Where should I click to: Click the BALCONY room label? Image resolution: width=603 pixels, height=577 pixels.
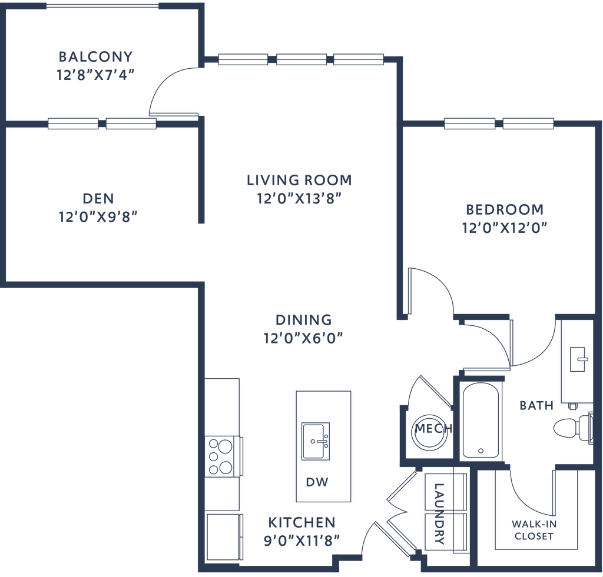point(95,57)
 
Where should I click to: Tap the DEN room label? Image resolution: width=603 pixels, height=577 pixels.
point(98,198)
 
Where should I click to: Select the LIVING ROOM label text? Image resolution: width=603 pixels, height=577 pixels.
point(299,179)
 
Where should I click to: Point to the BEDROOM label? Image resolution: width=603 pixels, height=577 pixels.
point(505,209)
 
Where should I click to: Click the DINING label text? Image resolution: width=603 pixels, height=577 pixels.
point(304,319)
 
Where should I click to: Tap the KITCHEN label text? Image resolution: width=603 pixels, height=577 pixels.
point(301,522)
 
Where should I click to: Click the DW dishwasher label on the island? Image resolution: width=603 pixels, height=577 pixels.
point(316,482)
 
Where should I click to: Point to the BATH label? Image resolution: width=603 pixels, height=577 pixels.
point(536,405)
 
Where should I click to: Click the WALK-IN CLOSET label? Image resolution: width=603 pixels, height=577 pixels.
point(533,529)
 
